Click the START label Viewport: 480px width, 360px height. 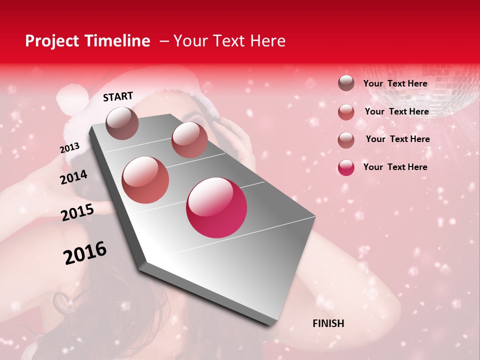point(118,96)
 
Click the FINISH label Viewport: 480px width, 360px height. point(328,323)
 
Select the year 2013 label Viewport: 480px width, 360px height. point(69,148)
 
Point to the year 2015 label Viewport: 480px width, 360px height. point(77,212)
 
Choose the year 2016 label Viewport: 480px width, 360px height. point(85,253)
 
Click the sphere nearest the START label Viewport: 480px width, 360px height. point(122,123)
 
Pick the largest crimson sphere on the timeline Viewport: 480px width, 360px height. point(216,207)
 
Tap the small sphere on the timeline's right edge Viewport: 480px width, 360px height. point(189,140)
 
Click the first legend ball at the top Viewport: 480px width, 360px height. point(346,83)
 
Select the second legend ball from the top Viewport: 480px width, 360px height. point(346,112)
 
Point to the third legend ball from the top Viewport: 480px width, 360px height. point(346,140)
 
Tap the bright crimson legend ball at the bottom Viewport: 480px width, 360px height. point(346,167)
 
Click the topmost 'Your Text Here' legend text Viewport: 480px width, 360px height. point(395,83)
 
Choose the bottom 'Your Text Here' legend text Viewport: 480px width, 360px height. point(395,167)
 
